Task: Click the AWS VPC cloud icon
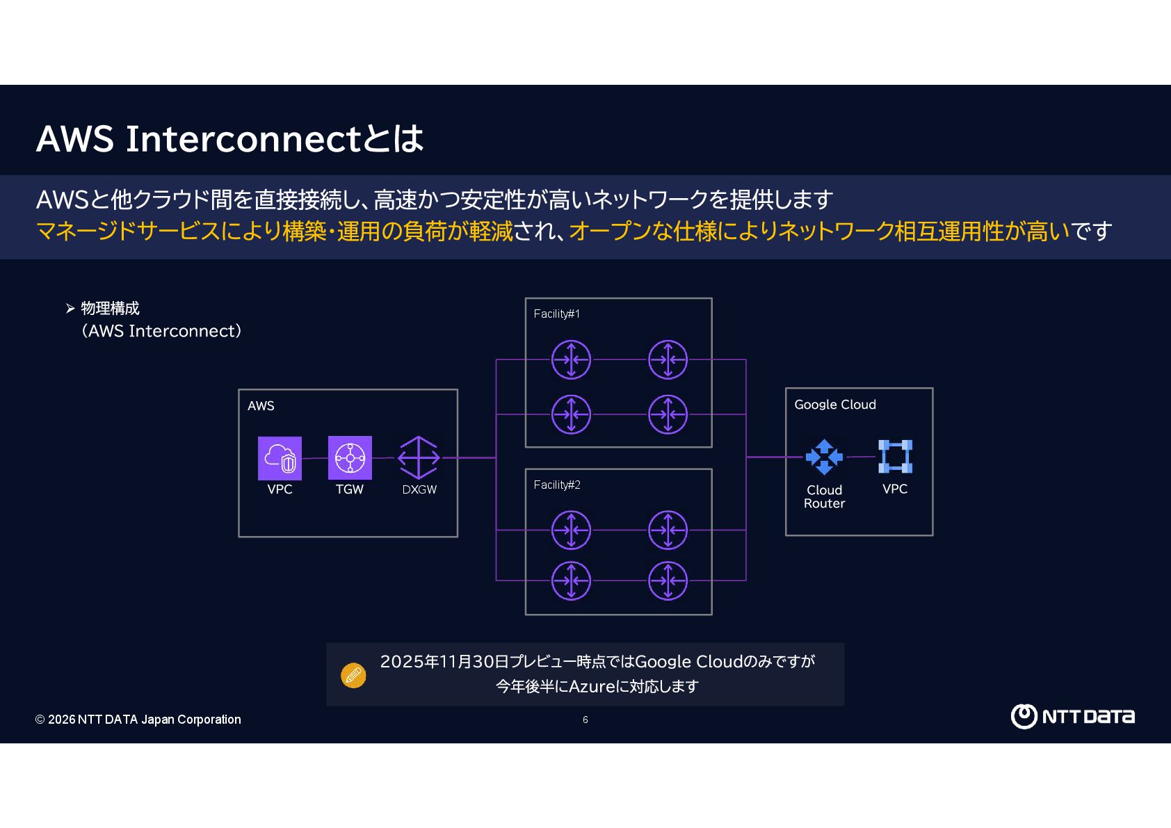[280, 458]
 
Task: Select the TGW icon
[350, 458]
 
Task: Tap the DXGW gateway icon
[419, 457]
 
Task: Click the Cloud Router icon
[824, 457]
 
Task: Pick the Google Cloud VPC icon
[895, 457]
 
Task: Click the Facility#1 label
[556, 314]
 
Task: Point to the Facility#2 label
[556, 485]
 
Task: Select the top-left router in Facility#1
[571, 359]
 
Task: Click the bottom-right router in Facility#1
[668, 414]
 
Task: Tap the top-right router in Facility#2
[668, 530]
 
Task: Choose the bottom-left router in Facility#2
[571, 581]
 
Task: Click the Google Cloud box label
[834, 405]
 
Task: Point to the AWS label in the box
[261, 406]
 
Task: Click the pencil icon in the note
[353, 675]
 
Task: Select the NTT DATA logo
[1072, 716]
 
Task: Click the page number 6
[585, 720]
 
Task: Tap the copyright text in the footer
[138, 720]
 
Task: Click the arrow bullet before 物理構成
[70, 309]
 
